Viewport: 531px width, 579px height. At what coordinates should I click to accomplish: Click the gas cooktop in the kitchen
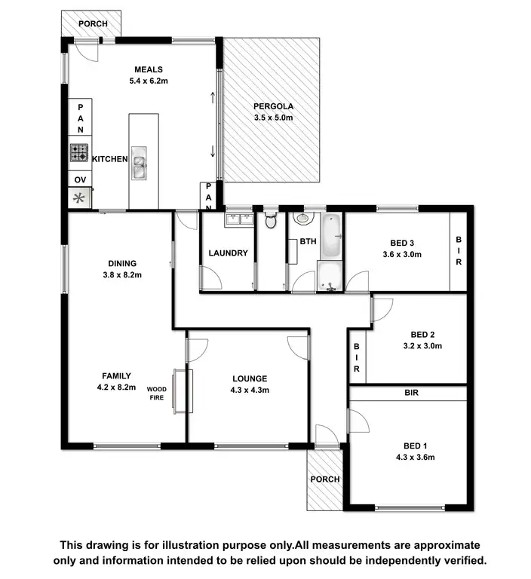tap(79, 153)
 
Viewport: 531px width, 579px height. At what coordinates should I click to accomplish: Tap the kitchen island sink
tap(139, 164)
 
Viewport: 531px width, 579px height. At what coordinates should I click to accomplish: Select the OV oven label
tap(79, 179)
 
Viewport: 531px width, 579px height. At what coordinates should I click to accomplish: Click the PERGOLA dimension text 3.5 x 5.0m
tap(273, 118)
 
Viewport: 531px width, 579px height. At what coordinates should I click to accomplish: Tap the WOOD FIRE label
tap(157, 394)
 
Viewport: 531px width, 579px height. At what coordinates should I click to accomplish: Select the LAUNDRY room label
tap(228, 253)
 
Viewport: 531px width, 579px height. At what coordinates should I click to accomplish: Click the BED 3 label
tap(402, 243)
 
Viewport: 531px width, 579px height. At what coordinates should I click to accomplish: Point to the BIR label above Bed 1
tap(411, 393)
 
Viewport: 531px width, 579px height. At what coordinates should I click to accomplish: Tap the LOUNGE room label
tap(249, 378)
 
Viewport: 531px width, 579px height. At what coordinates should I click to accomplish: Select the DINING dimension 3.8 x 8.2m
tap(121, 274)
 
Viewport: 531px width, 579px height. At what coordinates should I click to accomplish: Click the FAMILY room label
tap(117, 375)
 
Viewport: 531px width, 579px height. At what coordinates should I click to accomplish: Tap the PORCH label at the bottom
tap(325, 479)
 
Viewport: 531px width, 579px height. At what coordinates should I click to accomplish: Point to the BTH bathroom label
tap(308, 242)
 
